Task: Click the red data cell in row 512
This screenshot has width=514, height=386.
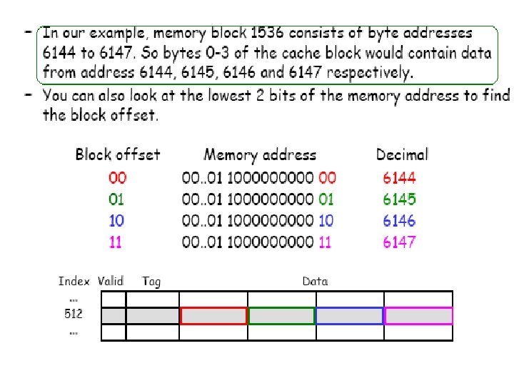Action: pyautogui.click(x=213, y=315)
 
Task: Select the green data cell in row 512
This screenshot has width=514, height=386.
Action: pyautogui.click(x=281, y=315)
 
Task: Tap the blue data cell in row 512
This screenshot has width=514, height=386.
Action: pyautogui.click(x=349, y=315)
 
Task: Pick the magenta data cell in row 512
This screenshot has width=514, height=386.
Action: pyautogui.click(x=418, y=315)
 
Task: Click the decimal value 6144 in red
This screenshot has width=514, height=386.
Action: pyautogui.click(x=399, y=178)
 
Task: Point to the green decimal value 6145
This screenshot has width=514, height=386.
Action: pyautogui.click(x=399, y=199)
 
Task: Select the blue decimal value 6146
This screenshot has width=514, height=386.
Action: pyautogui.click(x=399, y=221)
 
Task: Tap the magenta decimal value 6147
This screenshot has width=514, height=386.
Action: pyautogui.click(x=399, y=242)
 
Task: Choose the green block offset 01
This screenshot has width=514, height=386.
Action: pyautogui.click(x=116, y=199)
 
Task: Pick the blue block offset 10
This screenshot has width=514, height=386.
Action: pyautogui.click(x=116, y=221)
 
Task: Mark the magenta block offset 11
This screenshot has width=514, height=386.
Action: pyautogui.click(x=116, y=242)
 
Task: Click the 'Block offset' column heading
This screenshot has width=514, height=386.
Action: pyautogui.click(x=118, y=154)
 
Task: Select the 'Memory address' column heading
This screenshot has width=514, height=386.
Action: pyautogui.click(x=260, y=154)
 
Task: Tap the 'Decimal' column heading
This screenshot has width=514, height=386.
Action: pyautogui.click(x=402, y=154)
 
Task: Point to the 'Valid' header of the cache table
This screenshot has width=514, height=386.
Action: pyautogui.click(x=111, y=282)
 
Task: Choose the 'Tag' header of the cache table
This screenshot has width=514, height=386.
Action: pyautogui.click(x=151, y=282)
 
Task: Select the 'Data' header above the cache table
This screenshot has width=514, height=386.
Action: pyautogui.click(x=315, y=282)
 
